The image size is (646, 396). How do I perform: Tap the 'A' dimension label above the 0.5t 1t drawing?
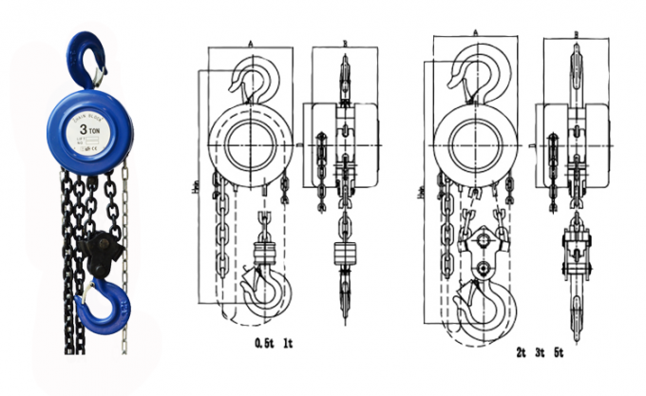250,44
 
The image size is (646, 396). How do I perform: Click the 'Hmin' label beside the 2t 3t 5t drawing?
421,190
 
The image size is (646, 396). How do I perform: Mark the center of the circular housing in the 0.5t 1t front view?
250,144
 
